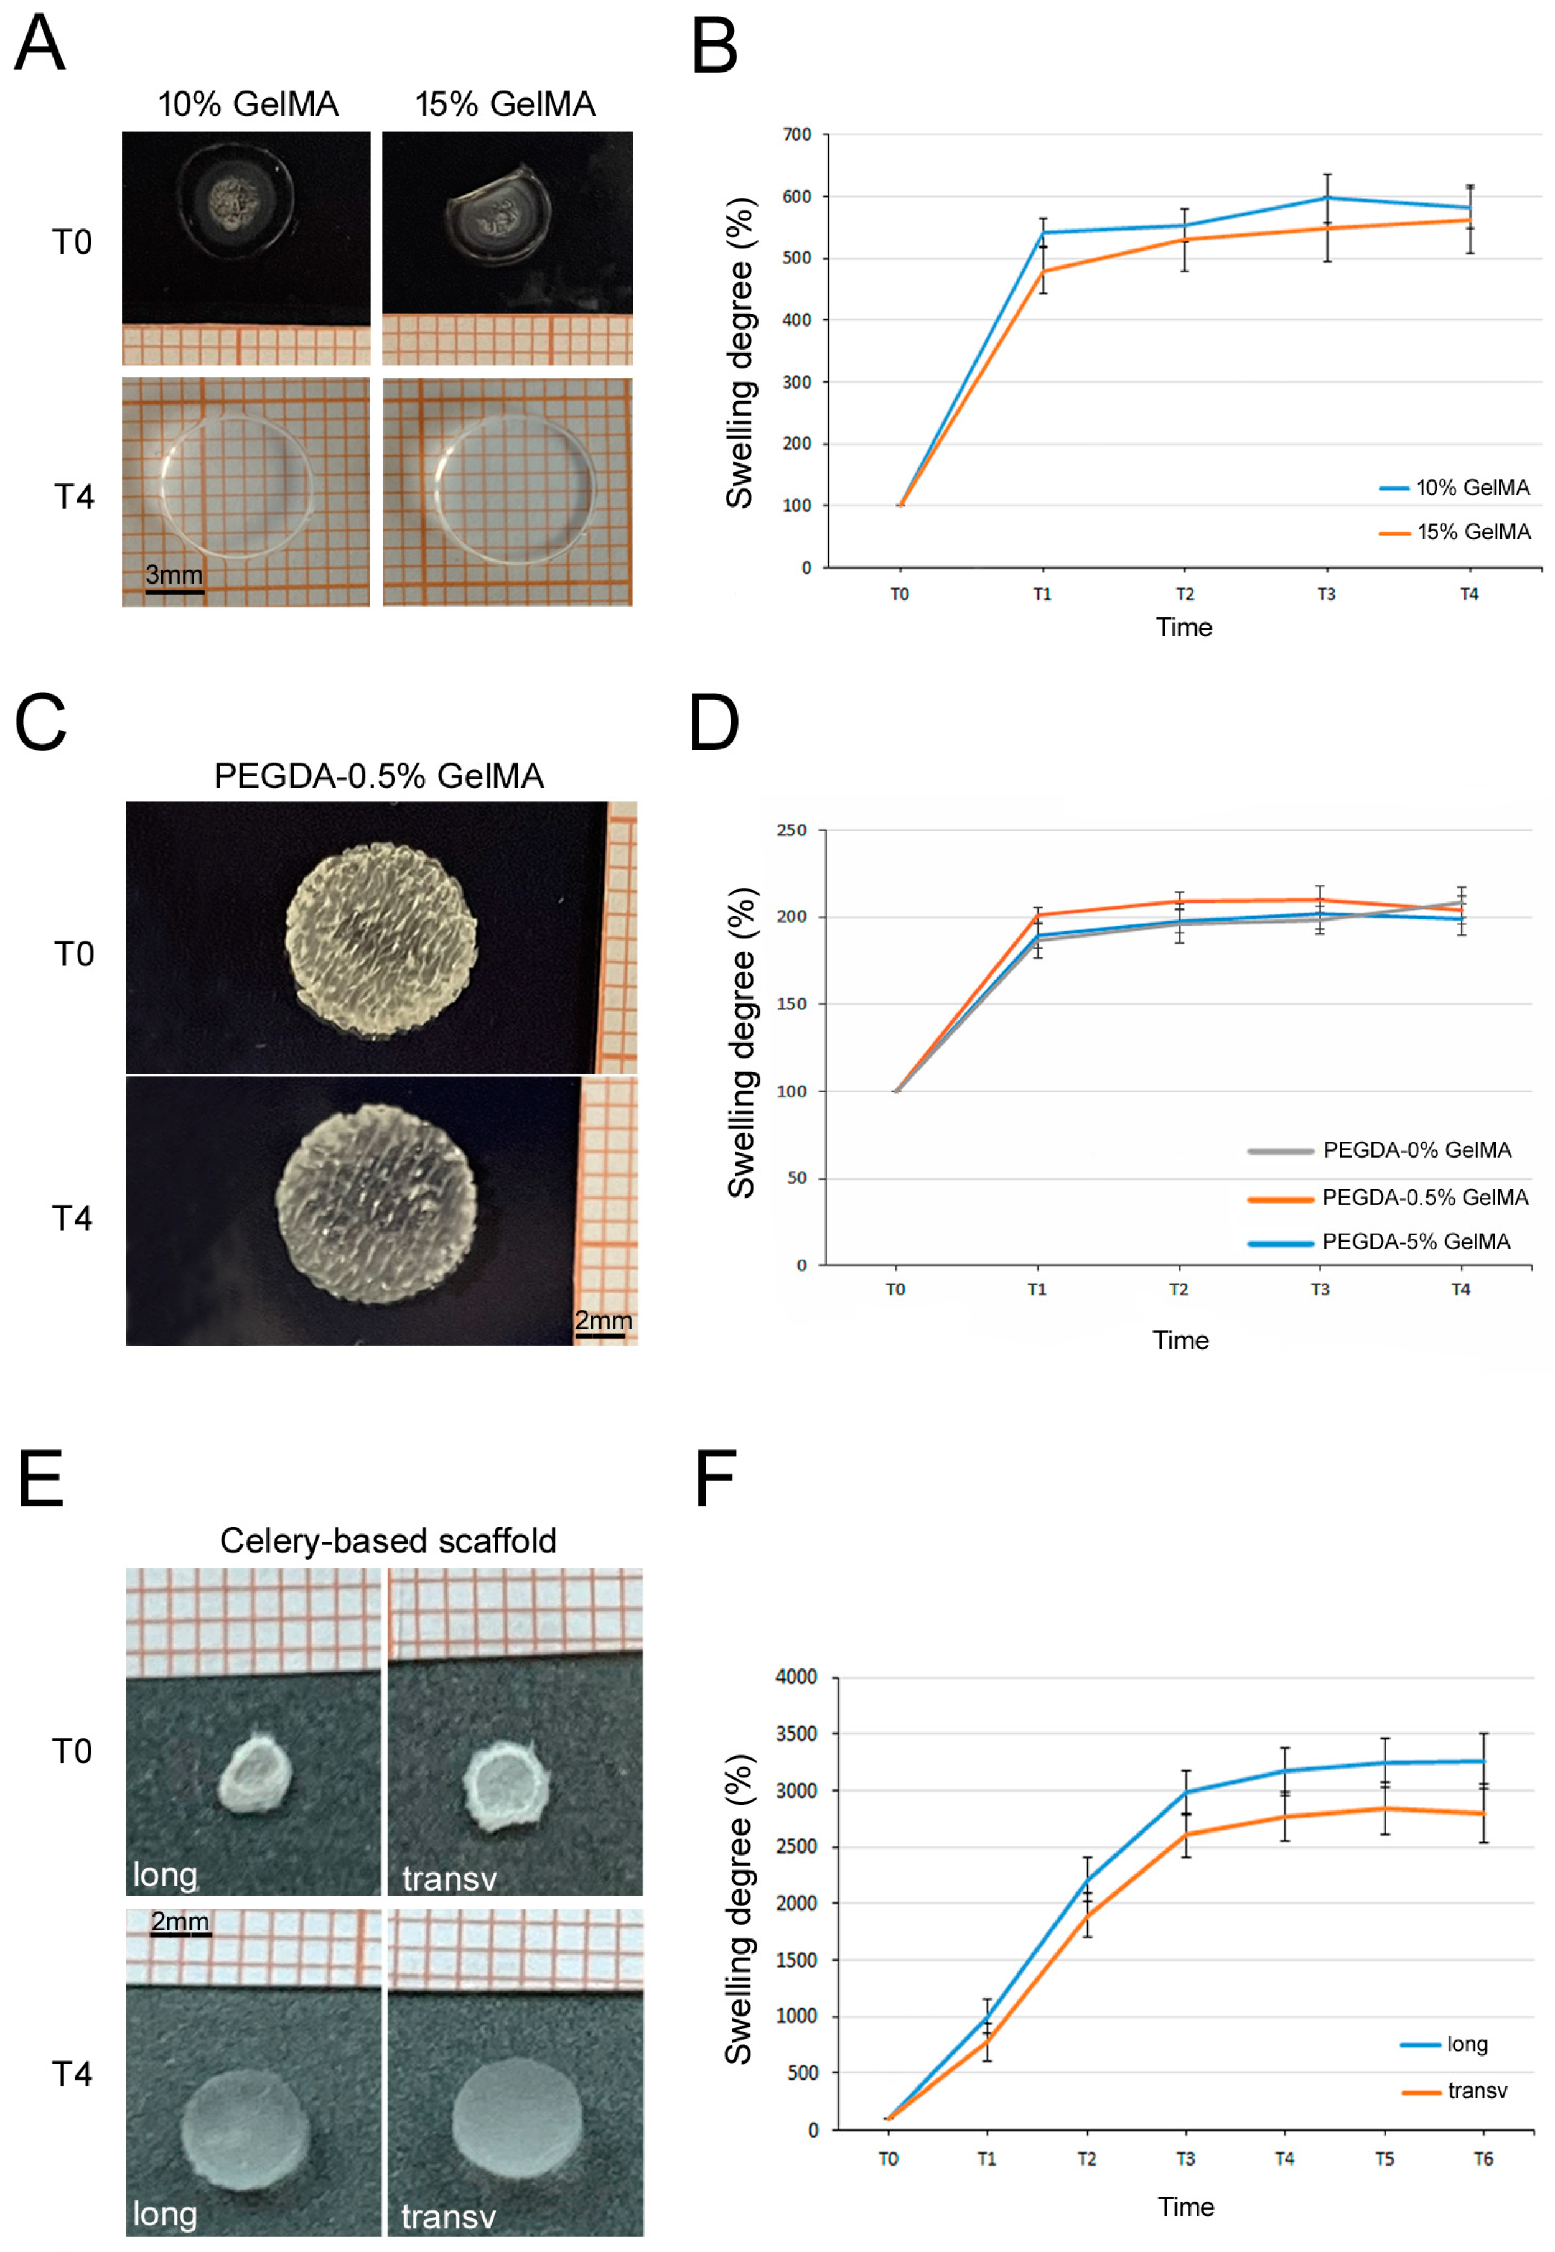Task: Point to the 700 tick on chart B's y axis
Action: [797, 134]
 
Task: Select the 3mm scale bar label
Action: [174, 574]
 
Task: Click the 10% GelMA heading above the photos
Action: [248, 105]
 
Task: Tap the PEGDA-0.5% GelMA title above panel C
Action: [378, 776]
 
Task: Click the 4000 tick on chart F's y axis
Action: [796, 1677]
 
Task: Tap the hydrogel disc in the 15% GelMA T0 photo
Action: [498, 219]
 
